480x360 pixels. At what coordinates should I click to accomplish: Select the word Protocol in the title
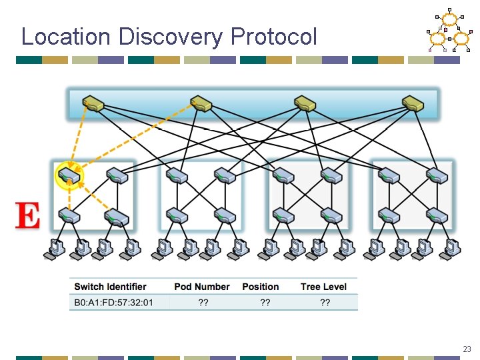273,37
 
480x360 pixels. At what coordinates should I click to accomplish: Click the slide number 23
466,349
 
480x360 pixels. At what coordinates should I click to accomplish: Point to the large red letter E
27,217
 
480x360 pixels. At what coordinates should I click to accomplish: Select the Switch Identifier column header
110,287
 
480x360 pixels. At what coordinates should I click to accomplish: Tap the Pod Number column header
201,287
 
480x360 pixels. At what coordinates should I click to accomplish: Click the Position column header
261,287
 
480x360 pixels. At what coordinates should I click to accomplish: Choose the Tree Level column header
324,287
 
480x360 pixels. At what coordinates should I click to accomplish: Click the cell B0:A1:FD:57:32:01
113,303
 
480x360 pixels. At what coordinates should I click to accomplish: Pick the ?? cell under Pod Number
203,303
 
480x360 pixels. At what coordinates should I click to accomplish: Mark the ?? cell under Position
265,303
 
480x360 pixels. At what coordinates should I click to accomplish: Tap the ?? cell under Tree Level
325,303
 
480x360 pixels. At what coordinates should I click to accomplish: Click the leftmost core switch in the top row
93,103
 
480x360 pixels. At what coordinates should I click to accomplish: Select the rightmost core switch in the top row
413,103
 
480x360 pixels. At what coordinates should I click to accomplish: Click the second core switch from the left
201,103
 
